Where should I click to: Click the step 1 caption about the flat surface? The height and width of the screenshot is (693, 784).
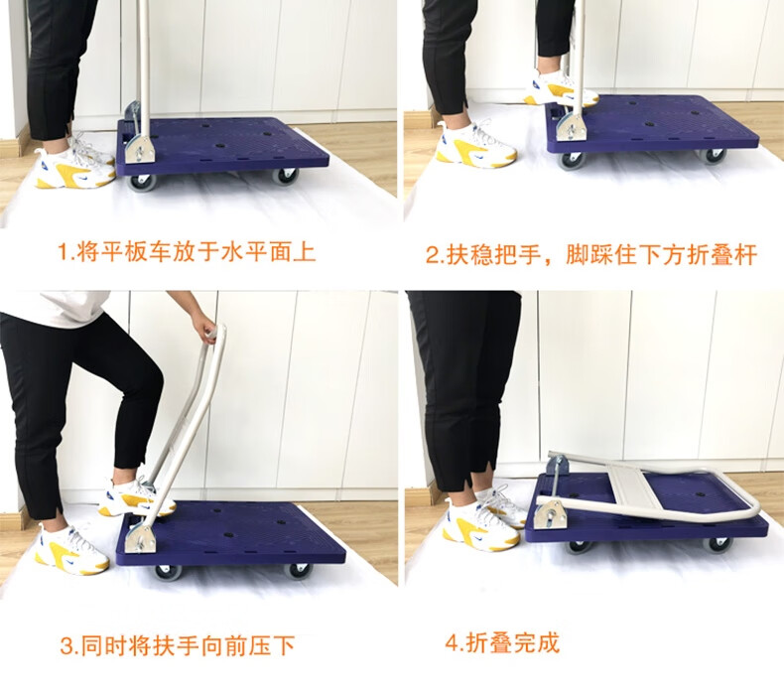click(187, 251)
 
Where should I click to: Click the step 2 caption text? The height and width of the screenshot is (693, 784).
click(591, 254)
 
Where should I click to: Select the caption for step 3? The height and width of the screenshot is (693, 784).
click(177, 645)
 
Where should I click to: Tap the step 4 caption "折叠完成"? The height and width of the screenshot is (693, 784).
click(502, 642)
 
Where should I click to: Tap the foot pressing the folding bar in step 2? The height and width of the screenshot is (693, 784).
click(560, 90)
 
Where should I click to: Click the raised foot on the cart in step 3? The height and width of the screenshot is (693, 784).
click(135, 497)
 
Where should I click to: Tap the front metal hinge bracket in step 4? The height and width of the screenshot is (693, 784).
click(549, 513)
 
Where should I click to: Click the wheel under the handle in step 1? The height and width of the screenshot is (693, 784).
click(141, 183)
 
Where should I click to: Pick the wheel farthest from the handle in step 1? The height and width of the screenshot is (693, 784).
click(286, 176)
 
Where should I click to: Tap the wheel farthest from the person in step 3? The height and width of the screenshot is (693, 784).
click(298, 571)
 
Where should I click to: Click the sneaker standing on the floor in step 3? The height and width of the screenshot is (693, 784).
click(71, 549)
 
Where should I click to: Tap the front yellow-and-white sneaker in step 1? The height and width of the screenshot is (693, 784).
click(75, 168)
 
